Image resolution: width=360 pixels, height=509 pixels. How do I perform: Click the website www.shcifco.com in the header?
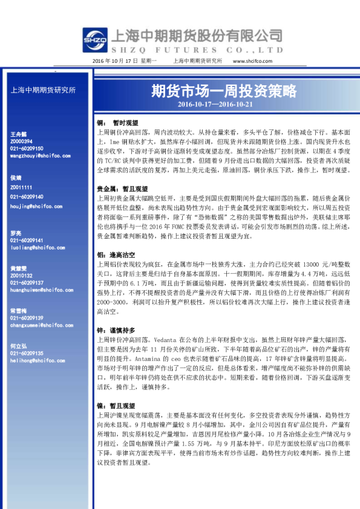(x=250, y=61)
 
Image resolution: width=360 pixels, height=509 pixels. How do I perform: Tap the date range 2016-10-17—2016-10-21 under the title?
(x=224, y=104)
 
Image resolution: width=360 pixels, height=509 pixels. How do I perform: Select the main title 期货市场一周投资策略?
(x=224, y=91)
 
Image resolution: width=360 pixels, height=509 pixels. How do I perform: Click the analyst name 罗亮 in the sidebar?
(x=17, y=232)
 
